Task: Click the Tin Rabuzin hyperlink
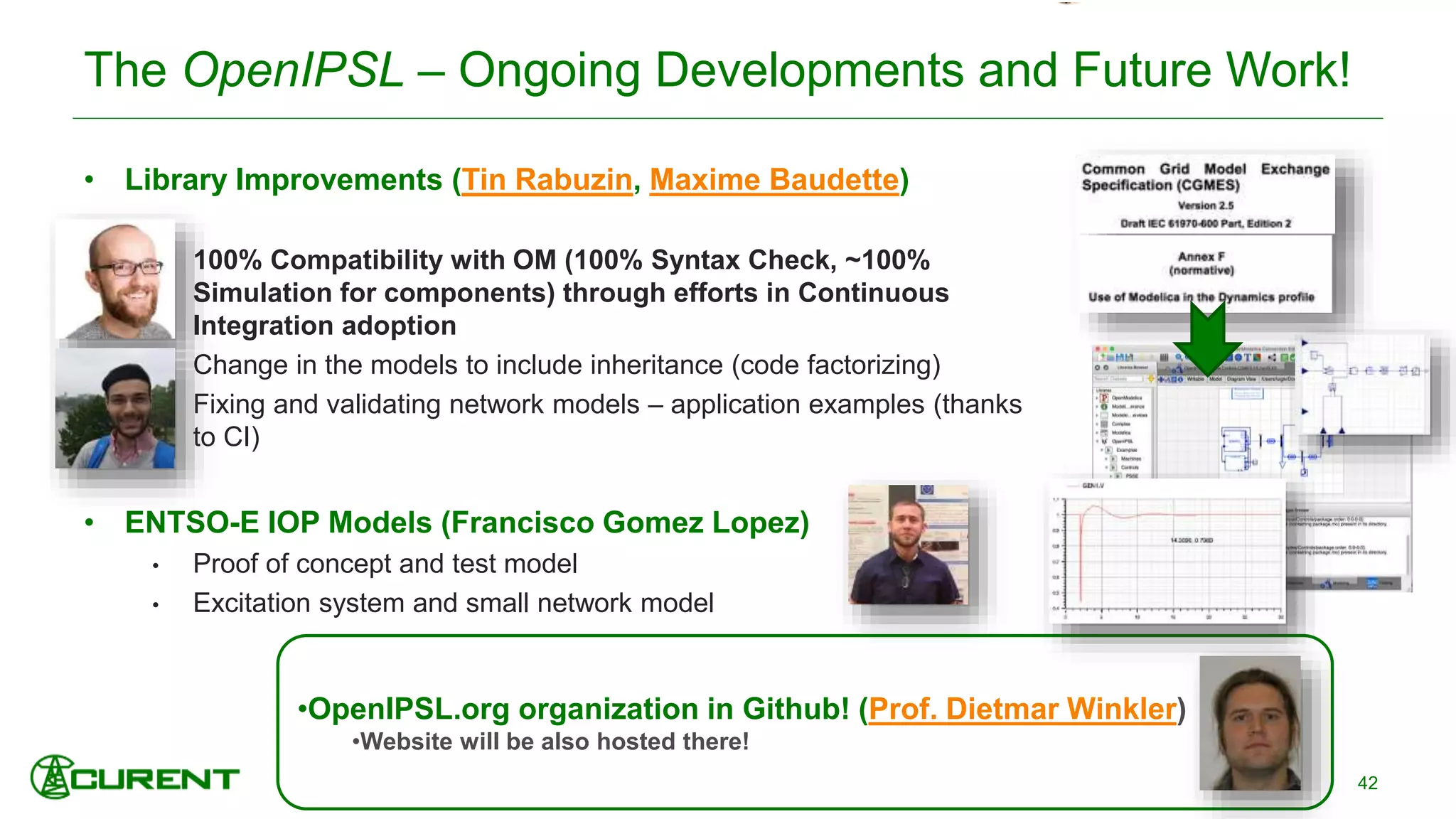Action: [547, 180]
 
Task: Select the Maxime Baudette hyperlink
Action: [774, 180]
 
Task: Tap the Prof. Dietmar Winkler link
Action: [1022, 709]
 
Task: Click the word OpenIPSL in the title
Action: [293, 70]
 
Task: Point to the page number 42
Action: [1367, 783]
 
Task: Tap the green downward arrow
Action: [1207, 338]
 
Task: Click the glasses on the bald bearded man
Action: [128, 269]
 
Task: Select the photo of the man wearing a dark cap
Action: [115, 407]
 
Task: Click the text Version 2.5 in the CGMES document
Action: [1205, 205]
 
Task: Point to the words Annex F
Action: [1201, 257]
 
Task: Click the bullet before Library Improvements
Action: [89, 180]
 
